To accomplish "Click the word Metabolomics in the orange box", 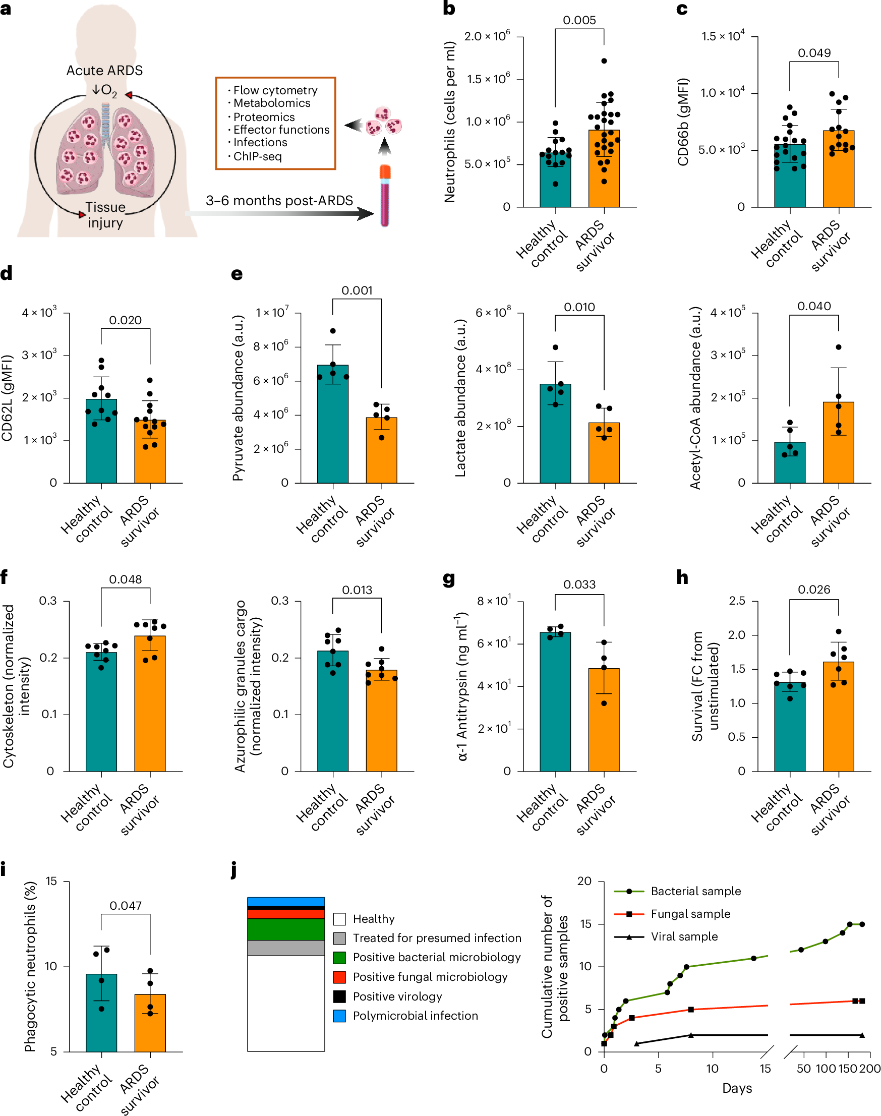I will click(272, 103).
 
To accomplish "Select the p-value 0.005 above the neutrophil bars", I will click(579, 20).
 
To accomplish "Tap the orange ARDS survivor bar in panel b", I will click(604, 170).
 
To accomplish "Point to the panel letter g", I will click(449, 578).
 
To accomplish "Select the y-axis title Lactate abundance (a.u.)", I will click(460, 397).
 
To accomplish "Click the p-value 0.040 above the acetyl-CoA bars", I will click(814, 306).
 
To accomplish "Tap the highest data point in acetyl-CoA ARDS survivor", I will click(839, 347).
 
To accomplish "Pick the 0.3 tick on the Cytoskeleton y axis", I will click(48, 601).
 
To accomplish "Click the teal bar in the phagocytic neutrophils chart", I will click(101, 1013).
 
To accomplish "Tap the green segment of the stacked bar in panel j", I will click(286, 929).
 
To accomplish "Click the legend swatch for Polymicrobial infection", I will click(339, 1016).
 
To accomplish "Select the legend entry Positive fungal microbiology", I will click(430, 977).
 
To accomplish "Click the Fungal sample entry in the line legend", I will click(690, 914).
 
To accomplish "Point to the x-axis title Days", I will click(737, 1088).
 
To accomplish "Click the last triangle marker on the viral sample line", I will click(862, 1035).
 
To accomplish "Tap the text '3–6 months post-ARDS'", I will click(279, 201).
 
